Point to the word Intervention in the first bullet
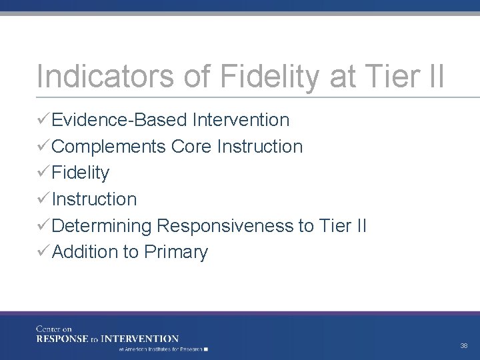[x=240, y=120]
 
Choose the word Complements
[x=109, y=147]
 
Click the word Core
[x=191, y=147]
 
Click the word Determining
[x=102, y=226]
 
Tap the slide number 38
[x=464, y=346]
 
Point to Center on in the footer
[x=53, y=329]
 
